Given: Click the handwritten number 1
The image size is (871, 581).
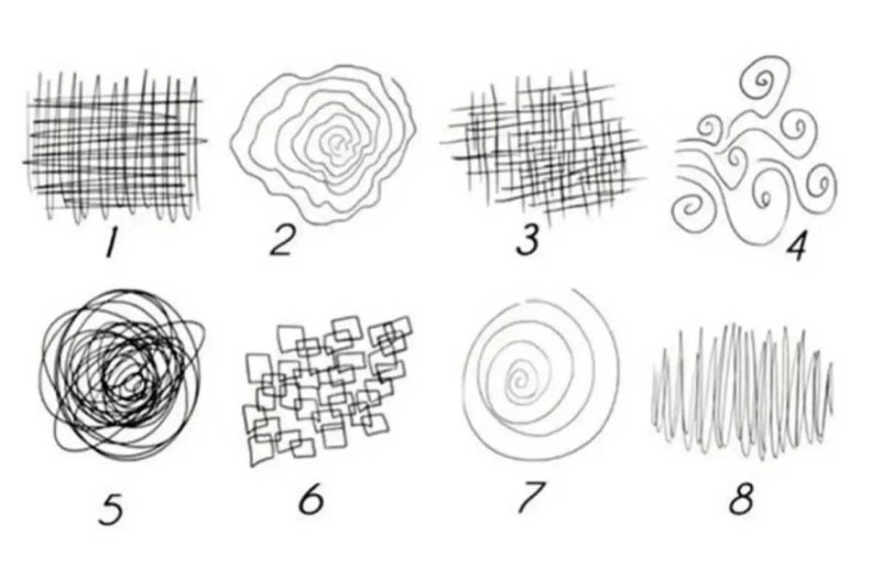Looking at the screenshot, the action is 111,243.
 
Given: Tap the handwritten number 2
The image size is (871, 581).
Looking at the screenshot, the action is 282,241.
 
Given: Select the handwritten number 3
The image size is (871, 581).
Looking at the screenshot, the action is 528,240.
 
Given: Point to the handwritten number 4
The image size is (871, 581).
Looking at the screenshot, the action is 796,246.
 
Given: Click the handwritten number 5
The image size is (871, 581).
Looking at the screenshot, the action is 111,509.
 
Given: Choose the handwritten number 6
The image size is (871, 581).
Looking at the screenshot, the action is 311,499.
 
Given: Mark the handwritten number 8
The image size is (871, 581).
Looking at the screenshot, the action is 741,498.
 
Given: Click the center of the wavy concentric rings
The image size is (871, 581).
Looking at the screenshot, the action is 338,145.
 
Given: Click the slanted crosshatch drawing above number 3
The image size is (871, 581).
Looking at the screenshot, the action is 544,150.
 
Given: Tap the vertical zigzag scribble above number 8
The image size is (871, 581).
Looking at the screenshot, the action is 742,392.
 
